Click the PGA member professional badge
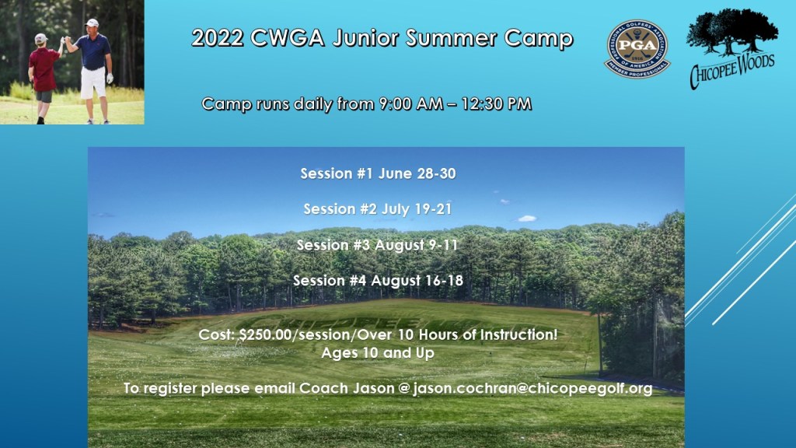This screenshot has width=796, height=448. coord(637,49)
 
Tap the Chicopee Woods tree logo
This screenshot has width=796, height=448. coord(731,47)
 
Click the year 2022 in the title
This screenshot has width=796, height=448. coord(218,38)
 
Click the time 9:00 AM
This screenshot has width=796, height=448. coord(409,103)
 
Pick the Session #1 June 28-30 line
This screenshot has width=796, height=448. coord(379,173)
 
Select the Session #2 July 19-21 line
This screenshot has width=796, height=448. coord(378,209)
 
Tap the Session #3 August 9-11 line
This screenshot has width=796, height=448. coord(377,245)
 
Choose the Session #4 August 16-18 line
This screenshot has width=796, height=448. coord(379,280)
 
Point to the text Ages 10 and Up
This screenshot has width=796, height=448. coord(378,353)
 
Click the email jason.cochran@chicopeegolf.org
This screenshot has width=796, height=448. coord(532,389)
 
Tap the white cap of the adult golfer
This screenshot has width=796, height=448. coord(92,23)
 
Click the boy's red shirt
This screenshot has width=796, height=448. coord(44,69)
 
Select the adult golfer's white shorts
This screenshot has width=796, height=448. coord(93,82)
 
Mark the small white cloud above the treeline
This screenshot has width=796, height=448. coord(527,219)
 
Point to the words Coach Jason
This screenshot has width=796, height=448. coord(347,389)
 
